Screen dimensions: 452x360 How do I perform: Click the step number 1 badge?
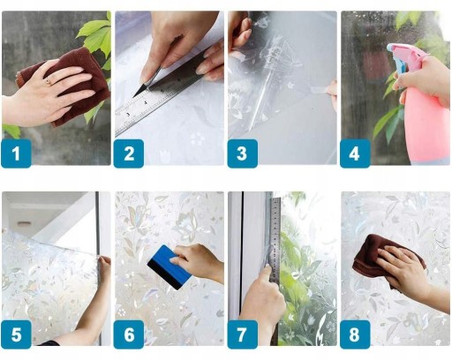pyautogui.click(x=16, y=154)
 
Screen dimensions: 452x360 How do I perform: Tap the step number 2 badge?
pyautogui.click(x=129, y=154)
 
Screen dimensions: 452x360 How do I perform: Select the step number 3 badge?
pyautogui.click(x=242, y=154)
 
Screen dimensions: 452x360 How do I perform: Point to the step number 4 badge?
pyautogui.click(x=355, y=154)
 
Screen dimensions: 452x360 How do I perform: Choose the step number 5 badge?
pyautogui.click(x=16, y=334)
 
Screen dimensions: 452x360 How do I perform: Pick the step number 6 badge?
pyautogui.click(x=129, y=334)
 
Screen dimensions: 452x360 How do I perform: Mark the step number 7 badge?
pyautogui.click(x=242, y=334)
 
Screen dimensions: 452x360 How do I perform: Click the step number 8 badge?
pyautogui.click(x=355, y=334)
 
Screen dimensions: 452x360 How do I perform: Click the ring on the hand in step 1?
pyautogui.click(x=48, y=80)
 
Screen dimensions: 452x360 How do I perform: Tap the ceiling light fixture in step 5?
pyautogui.click(x=24, y=224)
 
